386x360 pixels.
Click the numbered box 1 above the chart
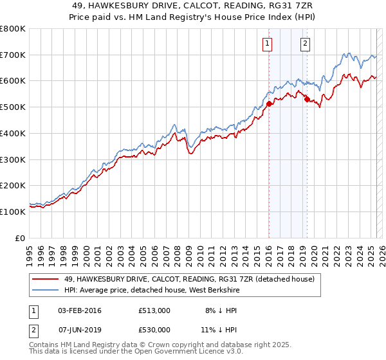click(x=267, y=44)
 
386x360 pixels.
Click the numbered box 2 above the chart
click(x=305, y=44)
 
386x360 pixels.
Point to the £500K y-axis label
click(x=13, y=107)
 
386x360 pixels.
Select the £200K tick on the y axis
click(x=13, y=185)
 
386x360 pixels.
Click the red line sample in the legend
click(x=44, y=280)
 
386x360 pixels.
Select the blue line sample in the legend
click(x=44, y=291)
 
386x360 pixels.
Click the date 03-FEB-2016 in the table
click(x=80, y=310)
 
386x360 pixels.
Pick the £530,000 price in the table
click(x=154, y=329)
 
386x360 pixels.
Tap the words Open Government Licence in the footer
click(x=181, y=352)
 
